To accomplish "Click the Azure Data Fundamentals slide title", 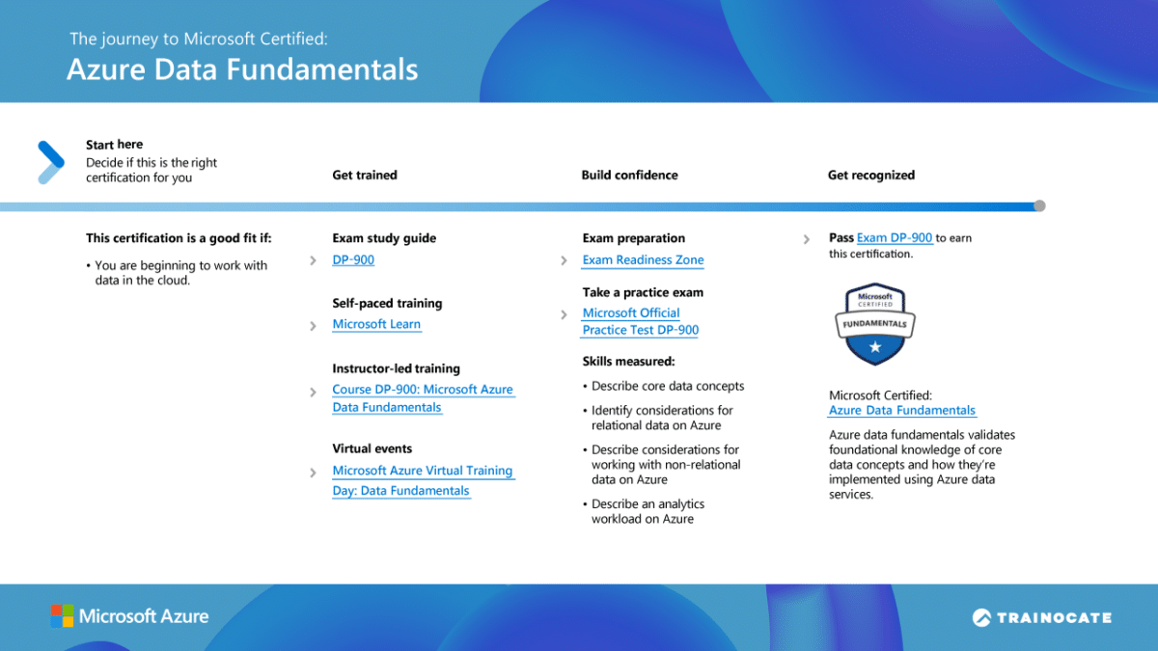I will pyautogui.click(x=242, y=69).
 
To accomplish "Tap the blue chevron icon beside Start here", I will pyautogui.click(x=50, y=161).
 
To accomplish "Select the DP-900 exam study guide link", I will pyautogui.click(x=353, y=260).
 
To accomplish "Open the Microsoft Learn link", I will pyautogui.click(x=376, y=325).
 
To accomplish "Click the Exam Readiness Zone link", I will pyautogui.click(x=643, y=260).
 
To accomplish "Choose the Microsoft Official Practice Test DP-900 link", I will pyautogui.click(x=640, y=322).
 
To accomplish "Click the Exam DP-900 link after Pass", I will pyautogui.click(x=895, y=238).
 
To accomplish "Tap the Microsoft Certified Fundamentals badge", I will pyautogui.click(x=874, y=324).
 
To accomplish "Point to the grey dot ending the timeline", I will pyautogui.click(x=1039, y=205).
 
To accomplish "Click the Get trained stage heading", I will pyautogui.click(x=365, y=176).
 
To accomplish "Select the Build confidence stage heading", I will pyautogui.click(x=629, y=176).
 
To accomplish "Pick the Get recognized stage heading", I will pyautogui.click(x=870, y=176).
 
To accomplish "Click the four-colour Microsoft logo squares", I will pyautogui.click(x=62, y=616).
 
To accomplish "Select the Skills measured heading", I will pyautogui.click(x=628, y=362).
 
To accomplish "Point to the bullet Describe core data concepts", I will pyautogui.click(x=668, y=387).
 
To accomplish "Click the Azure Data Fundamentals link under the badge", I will pyautogui.click(x=901, y=411).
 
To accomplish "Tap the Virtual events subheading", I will pyautogui.click(x=372, y=449).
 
